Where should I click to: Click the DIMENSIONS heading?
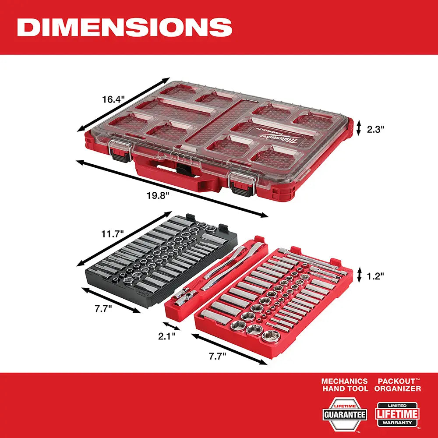pos(124,27)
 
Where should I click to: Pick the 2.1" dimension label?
pos(167,336)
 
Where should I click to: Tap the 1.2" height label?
pos(376,276)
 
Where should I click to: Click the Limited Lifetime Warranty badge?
pos(397,414)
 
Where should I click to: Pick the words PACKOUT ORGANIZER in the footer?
pos(397,385)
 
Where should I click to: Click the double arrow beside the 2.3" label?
pos(359,128)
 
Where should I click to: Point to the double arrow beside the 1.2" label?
pos(359,275)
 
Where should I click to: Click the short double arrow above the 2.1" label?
pos(171,326)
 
